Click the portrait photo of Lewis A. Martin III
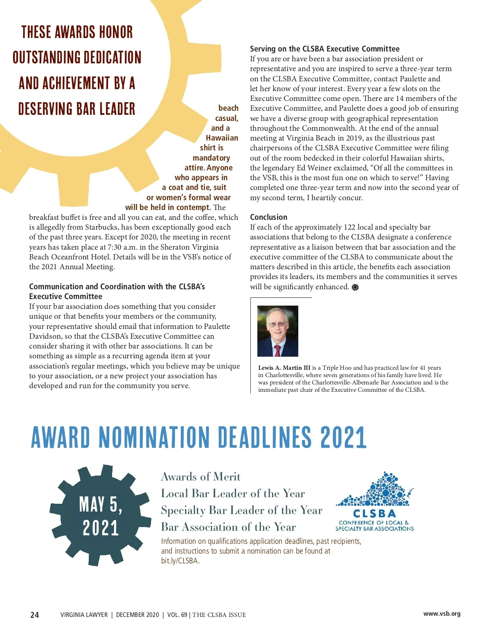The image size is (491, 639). [277, 331]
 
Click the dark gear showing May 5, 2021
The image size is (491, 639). [101, 515]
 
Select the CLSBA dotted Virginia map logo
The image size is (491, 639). [375, 490]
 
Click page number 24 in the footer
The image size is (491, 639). [35, 615]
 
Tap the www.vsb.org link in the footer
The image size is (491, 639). [441, 614]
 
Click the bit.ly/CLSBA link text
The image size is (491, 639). [180, 561]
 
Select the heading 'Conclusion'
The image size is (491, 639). [268, 217]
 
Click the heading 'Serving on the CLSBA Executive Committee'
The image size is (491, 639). [324, 49]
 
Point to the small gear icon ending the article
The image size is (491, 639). [355, 287]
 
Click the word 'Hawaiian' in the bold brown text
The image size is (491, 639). [222, 138]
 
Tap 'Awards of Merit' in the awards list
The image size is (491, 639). [200, 477]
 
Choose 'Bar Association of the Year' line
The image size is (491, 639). [228, 527]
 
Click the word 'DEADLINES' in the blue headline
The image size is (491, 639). [265, 437]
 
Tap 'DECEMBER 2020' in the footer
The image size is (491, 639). [137, 615]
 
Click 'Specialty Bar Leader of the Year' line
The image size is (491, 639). [241, 510]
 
